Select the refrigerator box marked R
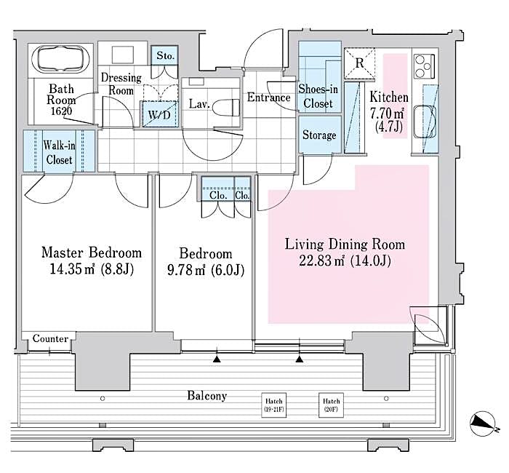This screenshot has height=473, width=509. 358,62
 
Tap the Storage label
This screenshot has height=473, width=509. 319,135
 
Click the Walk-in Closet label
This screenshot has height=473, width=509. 57,152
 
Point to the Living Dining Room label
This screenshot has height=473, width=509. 344,244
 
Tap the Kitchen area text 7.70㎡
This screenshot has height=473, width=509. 389,112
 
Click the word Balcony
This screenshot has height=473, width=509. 207,396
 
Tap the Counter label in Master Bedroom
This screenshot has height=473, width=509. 50,339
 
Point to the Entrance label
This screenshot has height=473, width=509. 269,98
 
